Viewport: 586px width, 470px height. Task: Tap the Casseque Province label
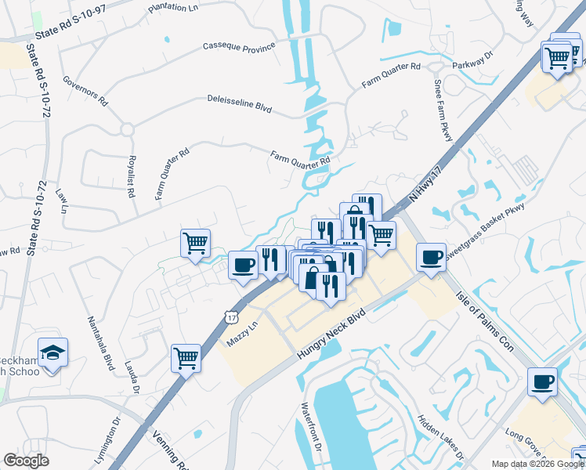(239, 46)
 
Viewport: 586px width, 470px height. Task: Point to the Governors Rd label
(85, 92)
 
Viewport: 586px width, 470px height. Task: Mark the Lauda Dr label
(132, 378)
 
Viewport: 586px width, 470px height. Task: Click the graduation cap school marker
(52, 353)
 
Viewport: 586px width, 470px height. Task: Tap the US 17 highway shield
(230, 315)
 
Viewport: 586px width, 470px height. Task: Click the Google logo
(27, 461)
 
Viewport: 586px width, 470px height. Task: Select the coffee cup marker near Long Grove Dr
(542, 382)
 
